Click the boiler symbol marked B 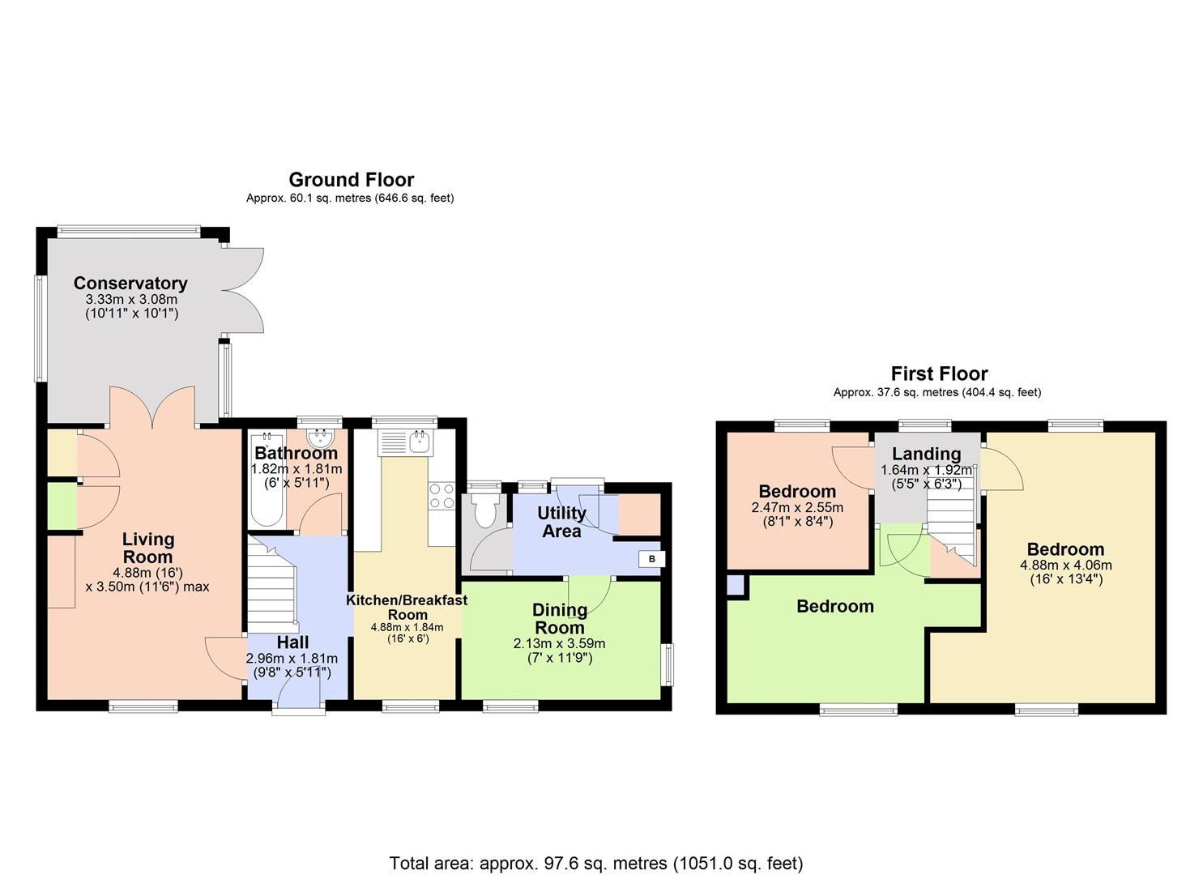[x=651, y=559]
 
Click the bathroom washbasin [x=322, y=440]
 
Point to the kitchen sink [x=420, y=442]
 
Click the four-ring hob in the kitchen [x=442, y=496]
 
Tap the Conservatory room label [x=130, y=283]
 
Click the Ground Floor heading [x=351, y=179]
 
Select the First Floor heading [x=939, y=373]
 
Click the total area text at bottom [x=596, y=863]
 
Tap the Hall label [x=292, y=642]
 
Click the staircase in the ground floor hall [x=272, y=583]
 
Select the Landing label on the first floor [x=926, y=454]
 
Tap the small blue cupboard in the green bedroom [x=735, y=585]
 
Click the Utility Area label [x=561, y=522]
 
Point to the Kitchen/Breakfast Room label [x=407, y=607]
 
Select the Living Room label [x=147, y=548]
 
